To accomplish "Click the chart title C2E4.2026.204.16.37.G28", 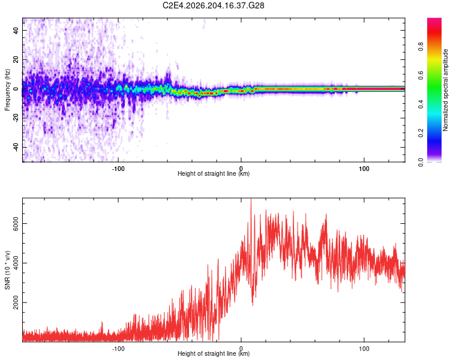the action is pyautogui.click(x=213, y=5).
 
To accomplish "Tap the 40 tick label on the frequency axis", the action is pyautogui.click(x=16, y=30).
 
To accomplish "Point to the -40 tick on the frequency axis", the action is pyautogui.click(x=16, y=147).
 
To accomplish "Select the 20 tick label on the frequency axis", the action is pyautogui.click(x=16, y=59).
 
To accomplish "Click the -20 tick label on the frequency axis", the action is pyautogui.click(x=16, y=118).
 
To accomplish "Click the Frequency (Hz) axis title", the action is pyautogui.click(x=7, y=90).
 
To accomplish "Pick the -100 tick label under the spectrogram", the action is pyautogui.click(x=118, y=169).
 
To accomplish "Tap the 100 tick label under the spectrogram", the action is pyautogui.click(x=364, y=169).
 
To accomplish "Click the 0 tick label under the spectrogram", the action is pyautogui.click(x=241, y=169).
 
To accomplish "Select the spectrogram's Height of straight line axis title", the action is pyautogui.click(x=214, y=173).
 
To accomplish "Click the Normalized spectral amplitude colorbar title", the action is pyautogui.click(x=445, y=90).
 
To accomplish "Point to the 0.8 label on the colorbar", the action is pyautogui.click(x=421, y=47).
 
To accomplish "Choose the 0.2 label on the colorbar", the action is pyautogui.click(x=421, y=133).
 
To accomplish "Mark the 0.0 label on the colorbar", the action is pyautogui.click(x=421, y=162).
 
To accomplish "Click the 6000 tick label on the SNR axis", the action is pyautogui.click(x=16, y=223).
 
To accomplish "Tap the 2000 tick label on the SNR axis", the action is pyautogui.click(x=16, y=302).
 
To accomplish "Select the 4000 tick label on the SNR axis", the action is pyautogui.click(x=16, y=263).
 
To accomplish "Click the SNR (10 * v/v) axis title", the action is pyautogui.click(x=7, y=270).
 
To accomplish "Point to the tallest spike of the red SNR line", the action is pyautogui.click(x=251, y=199).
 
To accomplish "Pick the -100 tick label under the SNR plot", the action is pyautogui.click(x=118, y=349).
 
